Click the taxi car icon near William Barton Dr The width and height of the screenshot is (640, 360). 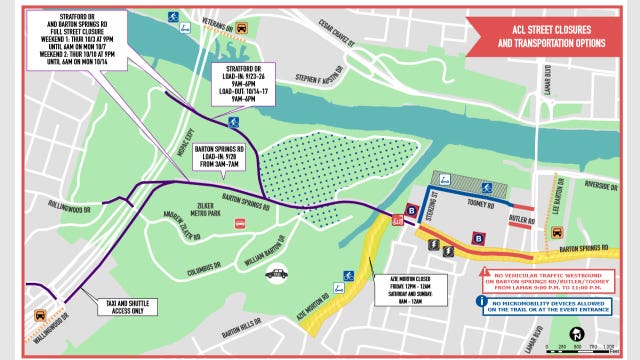pos(277,272)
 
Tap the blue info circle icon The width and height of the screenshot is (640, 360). pos(483,299)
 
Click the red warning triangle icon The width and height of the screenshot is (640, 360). pos(483,271)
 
